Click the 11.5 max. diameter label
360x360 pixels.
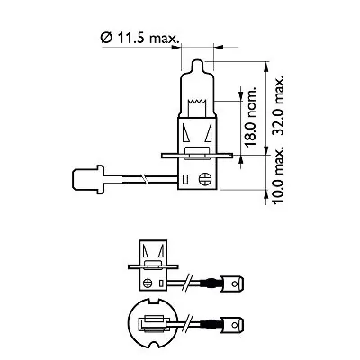pos(141,38)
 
